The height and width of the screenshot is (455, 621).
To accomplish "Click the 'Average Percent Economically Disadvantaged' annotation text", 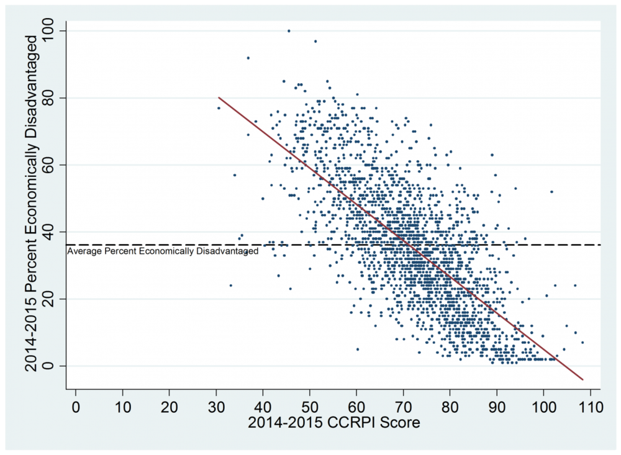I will [163, 251].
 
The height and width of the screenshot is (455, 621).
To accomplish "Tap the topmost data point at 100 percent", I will [289, 30].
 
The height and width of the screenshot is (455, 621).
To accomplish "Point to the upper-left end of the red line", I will [219, 97].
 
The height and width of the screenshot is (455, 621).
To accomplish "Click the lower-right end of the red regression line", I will [583, 379].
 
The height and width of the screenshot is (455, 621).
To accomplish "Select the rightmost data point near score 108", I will [582, 342].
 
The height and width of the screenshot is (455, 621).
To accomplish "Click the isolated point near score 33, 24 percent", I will [230, 286].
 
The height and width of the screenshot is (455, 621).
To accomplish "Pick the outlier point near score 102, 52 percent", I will [551, 191].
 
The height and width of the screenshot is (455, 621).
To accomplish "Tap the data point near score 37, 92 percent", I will [248, 58].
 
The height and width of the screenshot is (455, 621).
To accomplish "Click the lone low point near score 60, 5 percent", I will [357, 349].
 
